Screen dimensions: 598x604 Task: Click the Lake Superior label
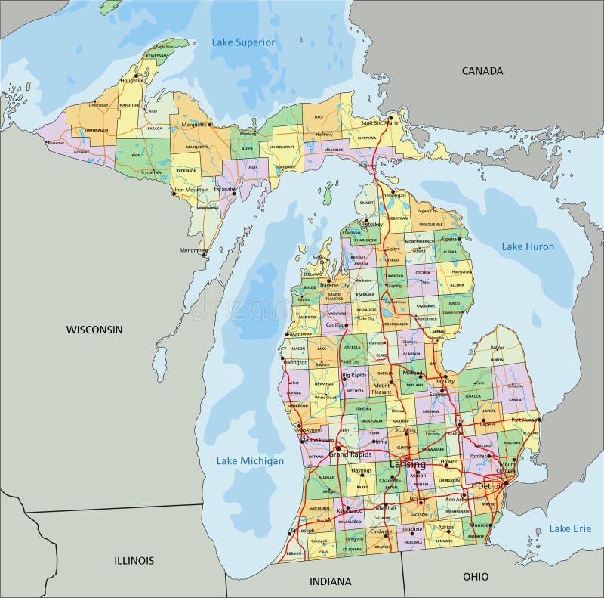(x=242, y=42)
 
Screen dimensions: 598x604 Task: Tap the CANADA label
(x=482, y=70)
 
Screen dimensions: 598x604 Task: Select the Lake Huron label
(x=528, y=246)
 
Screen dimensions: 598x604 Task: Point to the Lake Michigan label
(x=250, y=460)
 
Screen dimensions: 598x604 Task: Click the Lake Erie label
(x=570, y=528)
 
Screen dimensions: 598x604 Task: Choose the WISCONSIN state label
(x=94, y=330)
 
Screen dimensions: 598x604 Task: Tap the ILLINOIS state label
(x=134, y=560)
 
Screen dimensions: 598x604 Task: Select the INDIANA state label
(x=331, y=581)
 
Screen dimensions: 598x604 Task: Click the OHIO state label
(x=476, y=576)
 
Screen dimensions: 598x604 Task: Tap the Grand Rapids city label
(x=350, y=454)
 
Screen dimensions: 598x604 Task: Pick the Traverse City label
(x=334, y=285)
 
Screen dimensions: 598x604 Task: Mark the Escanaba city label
(x=224, y=189)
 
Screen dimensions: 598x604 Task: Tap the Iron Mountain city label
(x=192, y=190)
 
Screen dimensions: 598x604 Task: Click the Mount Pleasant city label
(x=381, y=389)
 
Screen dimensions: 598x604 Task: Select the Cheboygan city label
(x=392, y=194)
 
